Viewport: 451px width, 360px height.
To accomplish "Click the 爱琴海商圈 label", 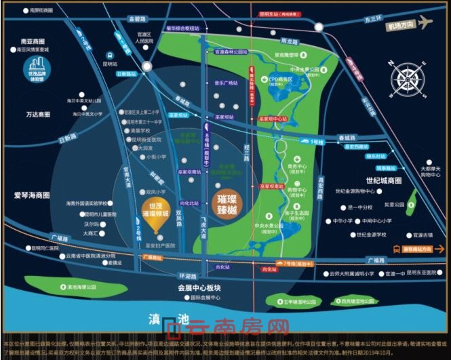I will tap(32, 195).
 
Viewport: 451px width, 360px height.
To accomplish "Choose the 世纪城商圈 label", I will tap(384, 181).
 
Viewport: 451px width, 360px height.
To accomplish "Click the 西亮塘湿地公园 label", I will tap(359, 301).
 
